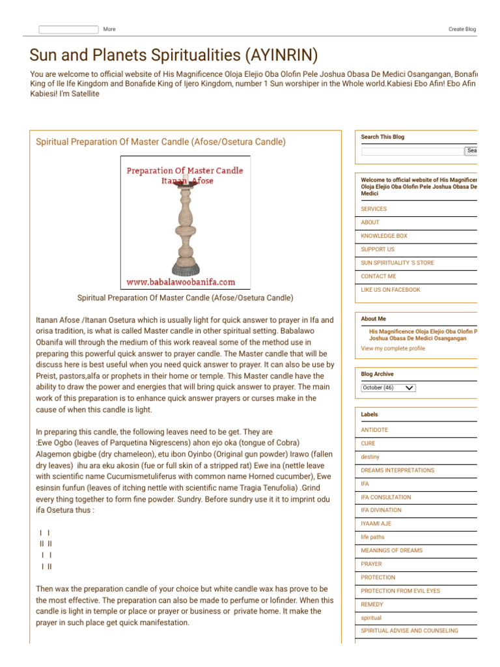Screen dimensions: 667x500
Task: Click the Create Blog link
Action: coord(462,29)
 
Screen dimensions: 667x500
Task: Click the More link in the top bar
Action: coord(109,29)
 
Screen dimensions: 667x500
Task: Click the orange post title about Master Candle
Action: coord(160,141)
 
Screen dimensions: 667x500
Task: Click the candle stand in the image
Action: coord(186,228)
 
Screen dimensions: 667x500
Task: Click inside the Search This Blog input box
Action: coord(411,151)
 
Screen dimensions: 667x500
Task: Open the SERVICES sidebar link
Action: coord(374,209)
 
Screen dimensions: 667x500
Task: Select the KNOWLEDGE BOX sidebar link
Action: coord(384,236)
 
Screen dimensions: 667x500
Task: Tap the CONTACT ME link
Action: coord(378,276)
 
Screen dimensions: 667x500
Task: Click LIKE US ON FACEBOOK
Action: coord(391,290)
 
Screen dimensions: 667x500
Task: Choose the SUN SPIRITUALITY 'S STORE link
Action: coord(397,263)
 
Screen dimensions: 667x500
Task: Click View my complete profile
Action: coord(393,348)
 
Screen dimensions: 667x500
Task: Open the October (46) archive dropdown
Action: coord(388,388)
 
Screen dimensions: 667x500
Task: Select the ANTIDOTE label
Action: coord(374,430)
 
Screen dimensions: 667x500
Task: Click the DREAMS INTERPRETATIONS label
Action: coord(397,470)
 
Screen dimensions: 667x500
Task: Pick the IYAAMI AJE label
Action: coord(376,524)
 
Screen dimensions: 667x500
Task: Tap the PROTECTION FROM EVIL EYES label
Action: coord(400,591)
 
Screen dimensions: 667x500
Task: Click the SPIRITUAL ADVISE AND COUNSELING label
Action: coord(410,631)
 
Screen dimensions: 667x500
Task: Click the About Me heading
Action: coord(373,319)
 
